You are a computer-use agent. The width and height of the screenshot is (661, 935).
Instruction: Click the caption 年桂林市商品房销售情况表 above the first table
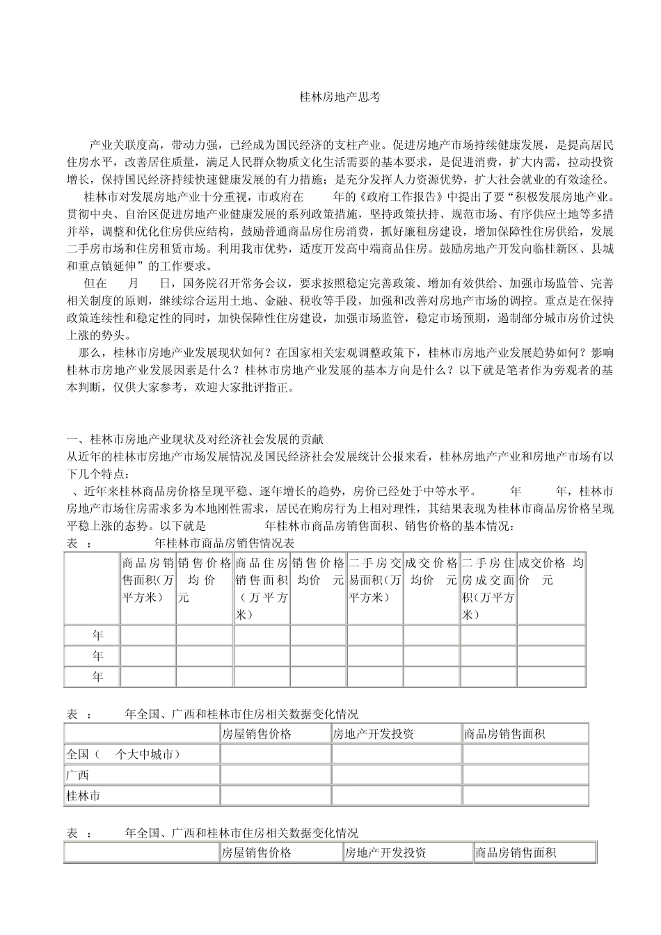coord(223,543)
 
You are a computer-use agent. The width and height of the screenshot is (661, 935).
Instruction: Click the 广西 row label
coord(77,775)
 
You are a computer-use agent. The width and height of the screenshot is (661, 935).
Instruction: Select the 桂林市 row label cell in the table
coord(83,795)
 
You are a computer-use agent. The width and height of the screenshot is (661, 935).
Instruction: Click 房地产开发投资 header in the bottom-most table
coord(385,853)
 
